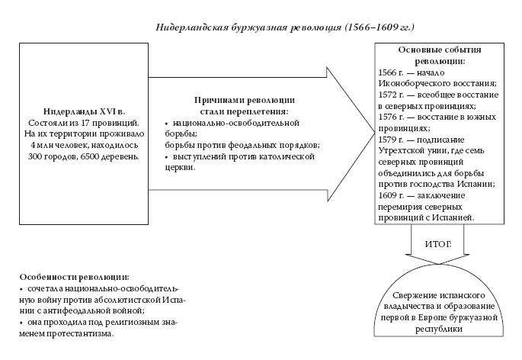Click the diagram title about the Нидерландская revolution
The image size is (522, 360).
[x=284, y=27]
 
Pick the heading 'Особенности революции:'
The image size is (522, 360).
[x=69, y=276]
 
